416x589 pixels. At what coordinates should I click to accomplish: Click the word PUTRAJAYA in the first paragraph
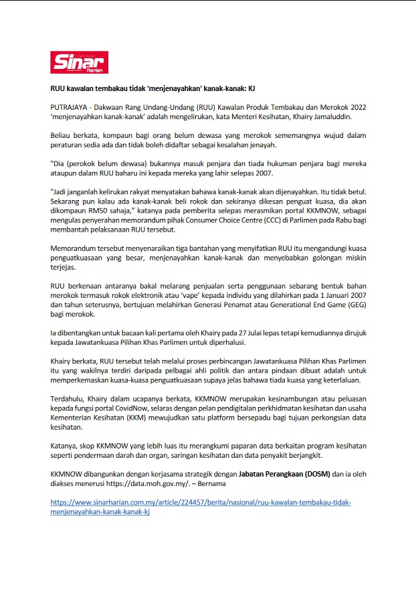70,107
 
